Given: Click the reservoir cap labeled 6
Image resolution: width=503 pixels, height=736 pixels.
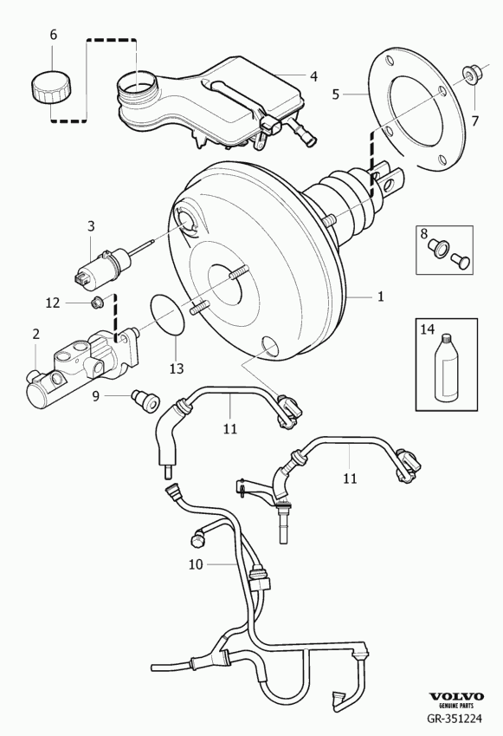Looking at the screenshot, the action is click(52, 87).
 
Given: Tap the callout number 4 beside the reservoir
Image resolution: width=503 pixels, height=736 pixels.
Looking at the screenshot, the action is click(313, 76).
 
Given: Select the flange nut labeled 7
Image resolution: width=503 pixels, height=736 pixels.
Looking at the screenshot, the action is click(469, 75).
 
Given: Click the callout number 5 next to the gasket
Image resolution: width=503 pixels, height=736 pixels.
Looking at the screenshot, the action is click(335, 94).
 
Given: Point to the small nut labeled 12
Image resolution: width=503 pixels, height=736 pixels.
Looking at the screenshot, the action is click(97, 303).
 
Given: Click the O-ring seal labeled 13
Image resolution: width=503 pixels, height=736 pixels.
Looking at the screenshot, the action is click(168, 316).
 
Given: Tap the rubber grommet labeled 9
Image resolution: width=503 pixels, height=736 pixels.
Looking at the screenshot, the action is click(145, 401).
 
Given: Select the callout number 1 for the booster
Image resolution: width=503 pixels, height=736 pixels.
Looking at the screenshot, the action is click(381, 296).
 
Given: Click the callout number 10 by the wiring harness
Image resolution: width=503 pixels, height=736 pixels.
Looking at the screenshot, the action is click(196, 564).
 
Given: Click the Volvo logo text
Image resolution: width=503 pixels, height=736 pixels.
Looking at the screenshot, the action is click(457, 696).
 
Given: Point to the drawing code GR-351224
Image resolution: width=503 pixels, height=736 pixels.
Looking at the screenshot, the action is click(454, 718).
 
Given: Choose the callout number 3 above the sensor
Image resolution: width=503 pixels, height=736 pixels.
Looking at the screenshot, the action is click(91, 226).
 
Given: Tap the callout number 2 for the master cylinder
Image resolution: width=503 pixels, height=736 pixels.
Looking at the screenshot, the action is click(36, 335).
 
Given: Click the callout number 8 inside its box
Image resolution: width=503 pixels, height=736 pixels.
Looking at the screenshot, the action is click(423, 233).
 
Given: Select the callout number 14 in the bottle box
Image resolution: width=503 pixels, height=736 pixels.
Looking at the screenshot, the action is click(427, 329).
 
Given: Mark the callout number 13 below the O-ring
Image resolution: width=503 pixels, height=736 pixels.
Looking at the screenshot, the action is click(177, 369).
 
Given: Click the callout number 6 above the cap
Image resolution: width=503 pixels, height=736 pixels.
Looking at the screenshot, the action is click(53, 35).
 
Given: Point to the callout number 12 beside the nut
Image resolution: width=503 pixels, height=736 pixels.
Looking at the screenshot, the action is click(53, 303).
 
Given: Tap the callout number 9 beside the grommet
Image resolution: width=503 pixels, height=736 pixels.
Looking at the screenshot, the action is click(95, 397).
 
